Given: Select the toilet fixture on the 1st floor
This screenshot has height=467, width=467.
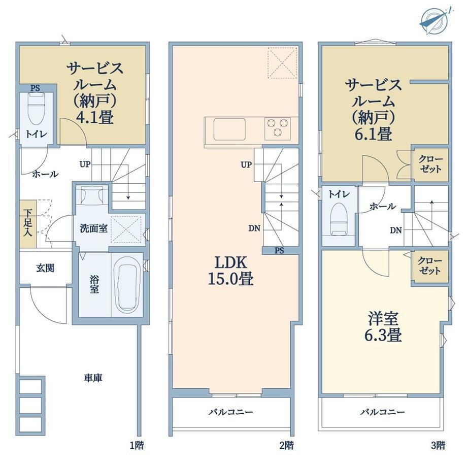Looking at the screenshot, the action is coord(36,110).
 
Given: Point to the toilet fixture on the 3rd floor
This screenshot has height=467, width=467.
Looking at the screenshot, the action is coord(339,219).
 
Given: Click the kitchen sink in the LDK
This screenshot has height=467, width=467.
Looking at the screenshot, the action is coord(229,129).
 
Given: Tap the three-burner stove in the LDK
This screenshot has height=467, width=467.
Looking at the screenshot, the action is coord(278,128).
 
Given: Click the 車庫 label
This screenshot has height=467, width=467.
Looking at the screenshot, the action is coord(93,378).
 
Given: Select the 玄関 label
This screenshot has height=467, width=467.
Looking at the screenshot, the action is coord(45,268).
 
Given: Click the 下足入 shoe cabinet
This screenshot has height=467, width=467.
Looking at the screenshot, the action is coord(28,223).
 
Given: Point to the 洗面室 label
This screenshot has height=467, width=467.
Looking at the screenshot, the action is coord(93,229).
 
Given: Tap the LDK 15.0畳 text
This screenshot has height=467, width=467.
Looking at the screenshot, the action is coord(231,271).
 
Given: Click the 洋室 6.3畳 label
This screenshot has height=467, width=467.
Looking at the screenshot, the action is coord(383,327).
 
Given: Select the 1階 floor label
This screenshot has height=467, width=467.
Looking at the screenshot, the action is coord(137,446).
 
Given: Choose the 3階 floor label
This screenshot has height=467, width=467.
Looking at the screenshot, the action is coord(438,446).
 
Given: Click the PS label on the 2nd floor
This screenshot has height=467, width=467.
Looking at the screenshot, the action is coord(279,251).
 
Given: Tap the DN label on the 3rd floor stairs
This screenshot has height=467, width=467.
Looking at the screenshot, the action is coord(396,230).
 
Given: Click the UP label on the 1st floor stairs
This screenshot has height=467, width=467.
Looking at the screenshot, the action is coord(85,164).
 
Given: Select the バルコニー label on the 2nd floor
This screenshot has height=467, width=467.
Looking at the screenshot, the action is coord(231,412).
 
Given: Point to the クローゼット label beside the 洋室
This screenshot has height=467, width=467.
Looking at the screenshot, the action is coord(429,266).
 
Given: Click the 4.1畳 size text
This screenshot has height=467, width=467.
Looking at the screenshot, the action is coord(95,117).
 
